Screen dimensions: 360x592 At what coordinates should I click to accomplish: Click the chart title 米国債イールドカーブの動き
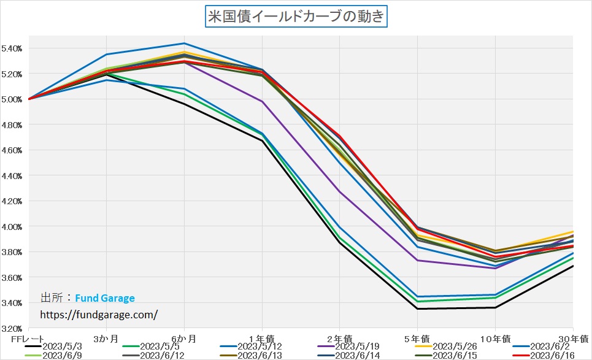click(296, 16)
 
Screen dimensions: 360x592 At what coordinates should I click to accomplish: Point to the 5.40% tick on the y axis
click(12, 48)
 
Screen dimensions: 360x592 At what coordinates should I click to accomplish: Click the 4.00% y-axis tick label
click(12, 227)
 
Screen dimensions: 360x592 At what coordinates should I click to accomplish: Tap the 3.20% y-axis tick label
click(12, 329)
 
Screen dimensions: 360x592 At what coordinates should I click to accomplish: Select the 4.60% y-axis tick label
click(12, 150)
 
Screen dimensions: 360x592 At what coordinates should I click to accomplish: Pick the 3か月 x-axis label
click(106, 339)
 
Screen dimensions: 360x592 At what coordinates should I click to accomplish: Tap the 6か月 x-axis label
click(184, 339)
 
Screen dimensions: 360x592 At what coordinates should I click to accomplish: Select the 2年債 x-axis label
click(340, 339)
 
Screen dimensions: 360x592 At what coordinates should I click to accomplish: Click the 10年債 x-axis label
click(494, 339)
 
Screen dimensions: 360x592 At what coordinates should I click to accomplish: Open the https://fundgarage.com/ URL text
click(99, 314)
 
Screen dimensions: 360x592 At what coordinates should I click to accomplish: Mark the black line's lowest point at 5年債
click(417, 308)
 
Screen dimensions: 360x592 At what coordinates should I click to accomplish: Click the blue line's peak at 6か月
click(184, 44)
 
